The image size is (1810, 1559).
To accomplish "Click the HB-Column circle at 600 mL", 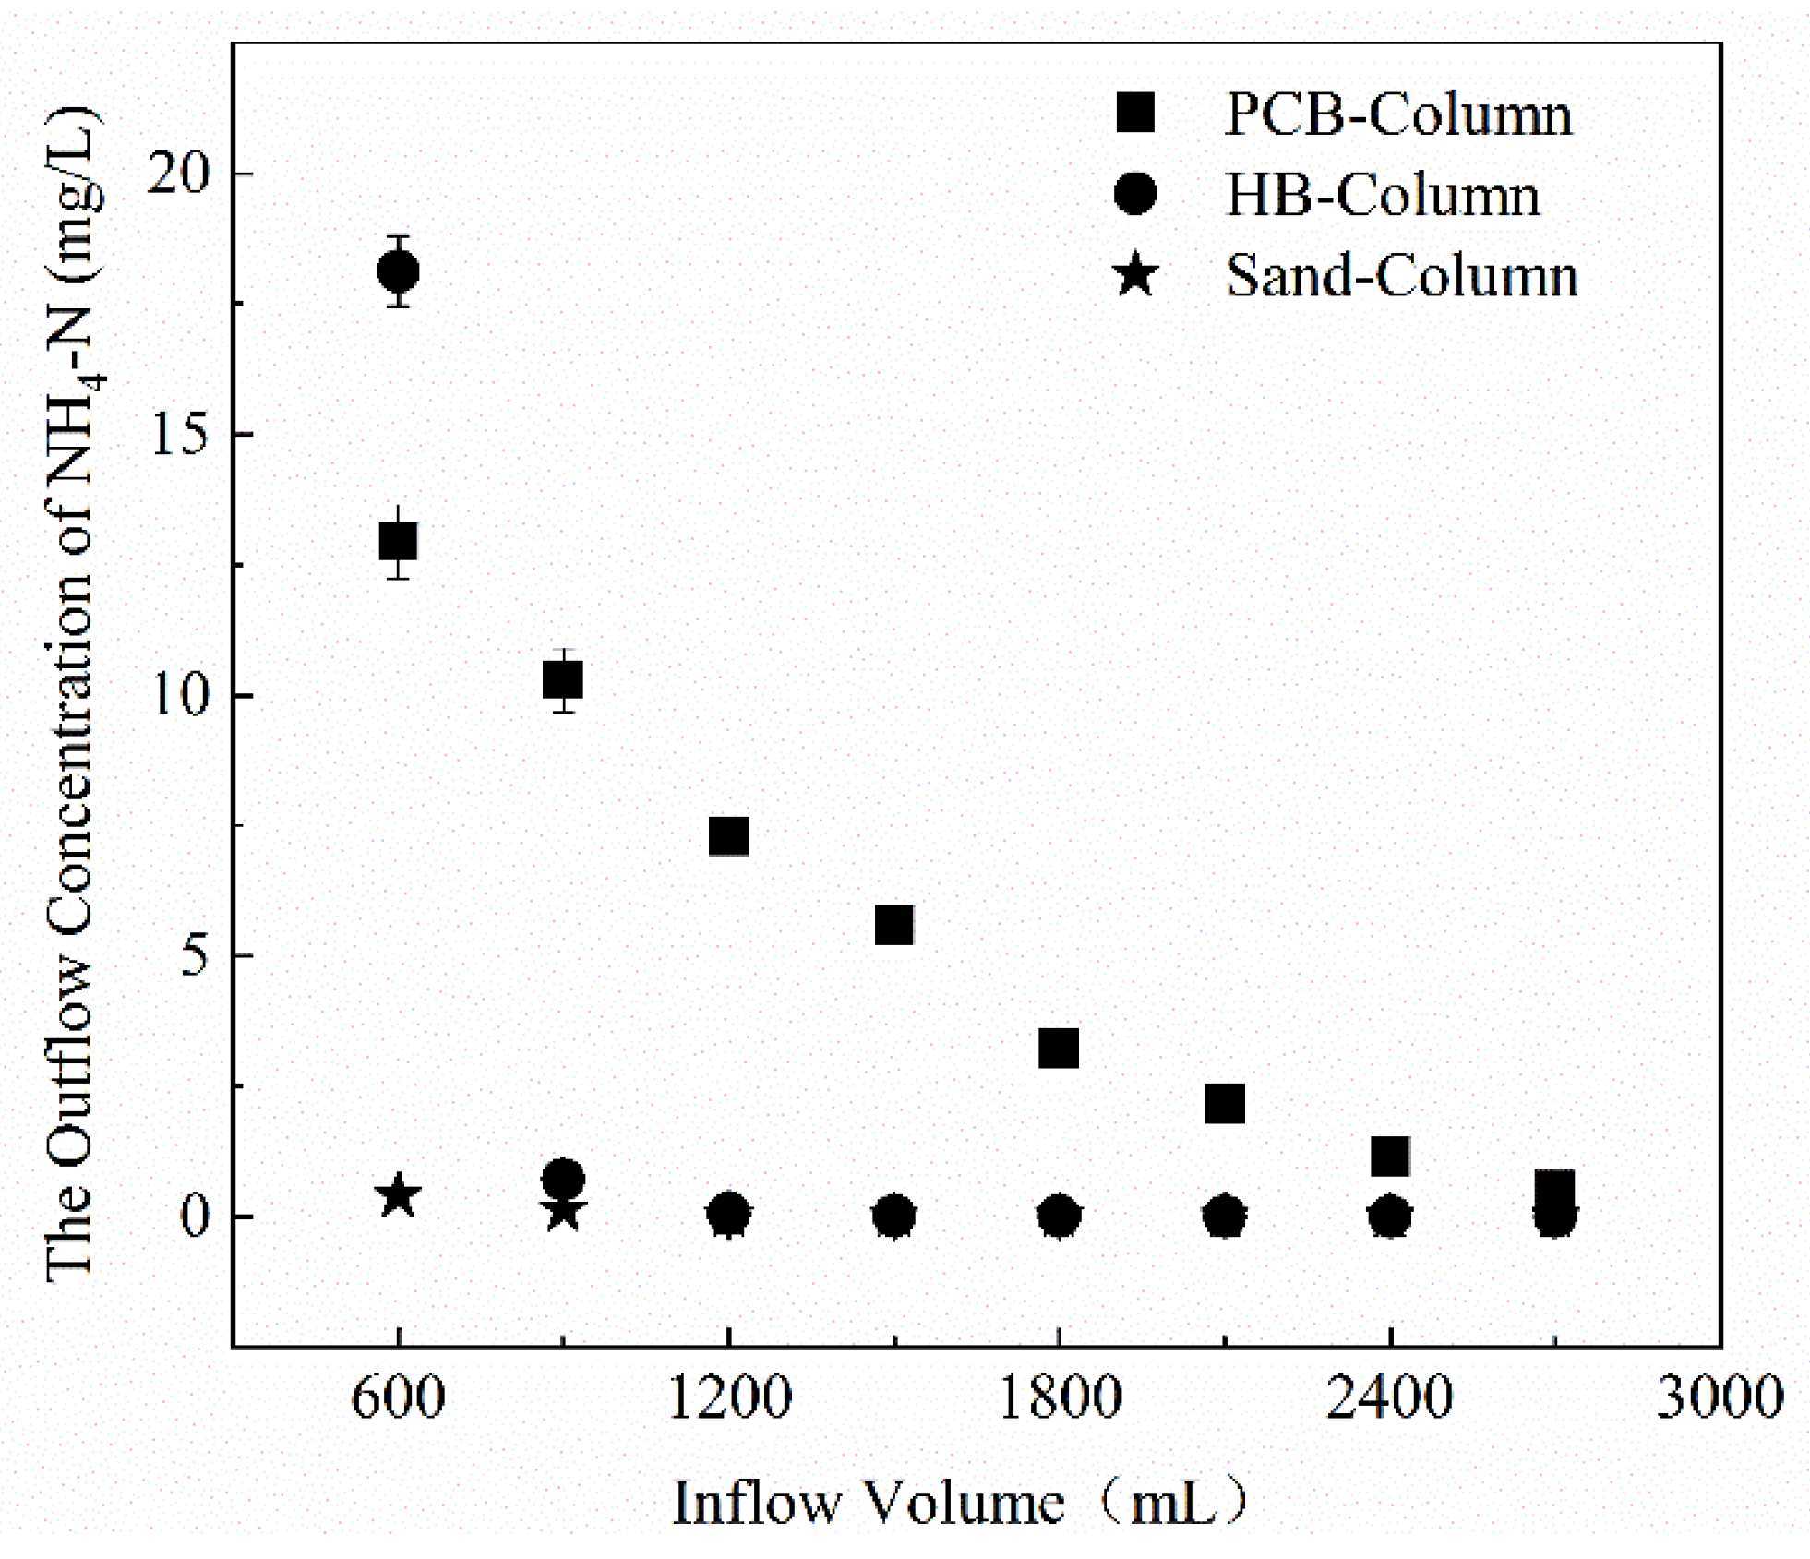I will tap(398, 271).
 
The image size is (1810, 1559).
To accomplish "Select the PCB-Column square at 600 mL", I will tap(398, 542).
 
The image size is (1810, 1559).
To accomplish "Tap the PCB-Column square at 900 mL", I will tap(563, 680).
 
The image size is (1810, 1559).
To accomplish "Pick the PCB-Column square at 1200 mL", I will tap(728, 836).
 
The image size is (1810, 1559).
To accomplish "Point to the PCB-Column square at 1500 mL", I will tap(893, 925).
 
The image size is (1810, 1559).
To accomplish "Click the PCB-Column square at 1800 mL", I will tap(1059, 1049).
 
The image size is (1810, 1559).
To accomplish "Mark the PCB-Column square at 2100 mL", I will tap(1225, 1103).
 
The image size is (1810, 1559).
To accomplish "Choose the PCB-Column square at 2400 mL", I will tap(1390, 1156).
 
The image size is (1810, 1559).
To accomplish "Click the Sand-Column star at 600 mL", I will tap(398, 1196).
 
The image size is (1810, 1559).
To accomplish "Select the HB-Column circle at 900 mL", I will tap(563, 1180).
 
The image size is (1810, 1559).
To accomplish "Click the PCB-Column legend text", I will tap(1397, 115).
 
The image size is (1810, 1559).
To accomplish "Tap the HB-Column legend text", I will tap(1382, 196).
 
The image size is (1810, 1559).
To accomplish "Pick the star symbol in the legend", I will tap(1135, 275).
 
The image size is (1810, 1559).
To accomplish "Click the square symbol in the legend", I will tap(1135, 114).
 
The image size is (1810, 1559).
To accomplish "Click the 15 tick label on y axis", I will tap(179, 434).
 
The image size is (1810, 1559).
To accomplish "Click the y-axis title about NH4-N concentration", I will tap(72, 692).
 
